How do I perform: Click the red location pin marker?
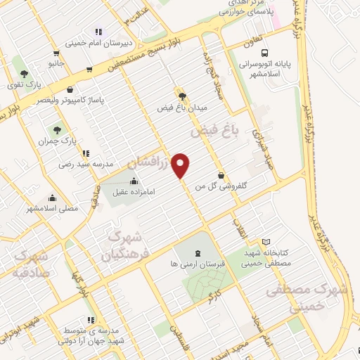pos(181,165)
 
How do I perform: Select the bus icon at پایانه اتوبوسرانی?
pos(264,53)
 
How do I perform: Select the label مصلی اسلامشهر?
pos(51,208)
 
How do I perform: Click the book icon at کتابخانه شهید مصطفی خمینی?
pos(265,242)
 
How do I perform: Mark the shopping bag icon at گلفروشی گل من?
pos(222,175)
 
